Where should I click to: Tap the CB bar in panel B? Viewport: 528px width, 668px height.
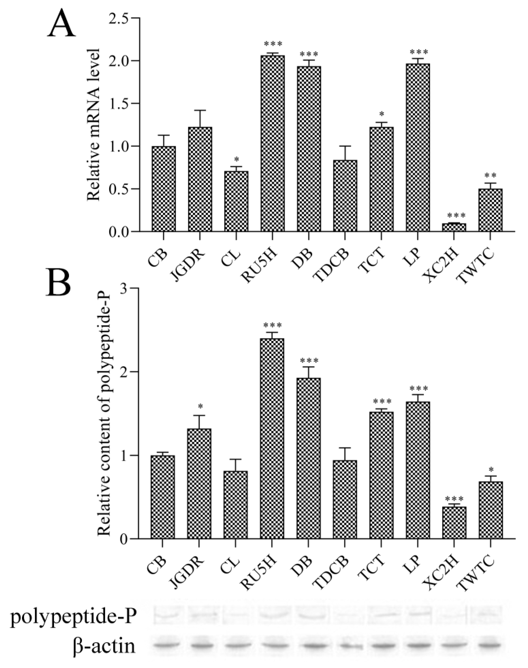pos(163,497)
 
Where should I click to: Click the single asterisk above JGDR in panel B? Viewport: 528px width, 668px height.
pos(200,406)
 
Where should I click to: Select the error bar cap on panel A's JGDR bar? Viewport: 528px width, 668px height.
pos(200,110)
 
